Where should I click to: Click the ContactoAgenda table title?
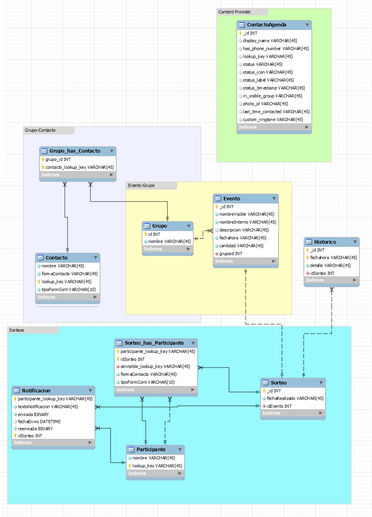pyautogui.click(x=267, y=25)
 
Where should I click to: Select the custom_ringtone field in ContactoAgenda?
pyautogui.click(x=272, y=119)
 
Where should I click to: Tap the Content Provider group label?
pyautogui.click(x=235, y=12)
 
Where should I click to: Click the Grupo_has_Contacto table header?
pyautogui.click(x=75, y=151)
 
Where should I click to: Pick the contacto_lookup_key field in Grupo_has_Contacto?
pyautogui.click(x=79, y=167)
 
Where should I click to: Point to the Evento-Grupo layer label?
pyautogui.click(x=141, y=185)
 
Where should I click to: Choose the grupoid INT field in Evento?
pyautogui.click(x=231, y=254)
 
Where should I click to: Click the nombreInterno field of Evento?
pyautogui.click(x=247, y=222)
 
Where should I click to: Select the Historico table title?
pyautogui.click(x=325, y=242)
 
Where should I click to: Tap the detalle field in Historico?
pyautogui.click(x=330, y=265)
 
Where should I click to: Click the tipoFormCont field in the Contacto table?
pyautogui.click(x=68, y=289)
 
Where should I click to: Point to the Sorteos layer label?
pyautogui.click(x=17, y=330)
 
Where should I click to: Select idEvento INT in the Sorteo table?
pyautogui.click(x=279, y=406)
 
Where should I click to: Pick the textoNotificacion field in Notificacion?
pyautogui.click(x=48, y=407)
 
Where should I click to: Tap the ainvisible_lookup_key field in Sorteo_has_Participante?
pyautogui.click(x=155, y=366)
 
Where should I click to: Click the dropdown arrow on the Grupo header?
pyautogui.click(x=189, y=226)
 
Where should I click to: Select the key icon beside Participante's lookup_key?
pyautogui.click(x=130, y=466)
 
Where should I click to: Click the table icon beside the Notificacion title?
pyautogui.click(x=17, y=391)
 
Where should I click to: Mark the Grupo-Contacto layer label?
pyautogui.click(x=40, y=130)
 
